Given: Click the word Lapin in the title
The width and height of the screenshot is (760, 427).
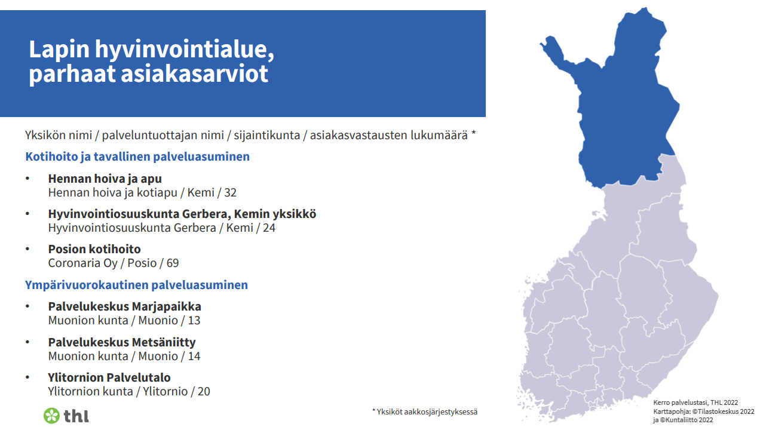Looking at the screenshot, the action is coord(59,50).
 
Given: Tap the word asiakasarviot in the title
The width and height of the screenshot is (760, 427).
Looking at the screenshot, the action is coord(194,73).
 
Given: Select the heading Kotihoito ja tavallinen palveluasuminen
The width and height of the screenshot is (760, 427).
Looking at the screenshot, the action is coord(137,156).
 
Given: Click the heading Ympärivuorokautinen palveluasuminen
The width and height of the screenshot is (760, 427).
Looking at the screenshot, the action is coord(136,285).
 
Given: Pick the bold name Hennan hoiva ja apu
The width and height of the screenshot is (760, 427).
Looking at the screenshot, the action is coord(105,179).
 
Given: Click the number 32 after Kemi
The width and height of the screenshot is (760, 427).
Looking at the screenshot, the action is coord(231,193).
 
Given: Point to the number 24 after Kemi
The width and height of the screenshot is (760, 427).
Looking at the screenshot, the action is coord(269,228).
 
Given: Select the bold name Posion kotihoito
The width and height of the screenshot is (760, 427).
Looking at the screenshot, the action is coord(94,249).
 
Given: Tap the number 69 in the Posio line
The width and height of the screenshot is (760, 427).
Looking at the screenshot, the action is coord(172,263).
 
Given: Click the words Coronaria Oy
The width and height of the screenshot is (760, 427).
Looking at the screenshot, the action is coord(82,263).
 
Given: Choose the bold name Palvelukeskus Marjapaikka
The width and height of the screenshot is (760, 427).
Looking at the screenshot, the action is coord(124,306).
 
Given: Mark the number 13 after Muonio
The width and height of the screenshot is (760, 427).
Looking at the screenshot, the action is coord(194,321).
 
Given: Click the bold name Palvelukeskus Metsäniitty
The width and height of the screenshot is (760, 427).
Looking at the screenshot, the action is coord(122,342).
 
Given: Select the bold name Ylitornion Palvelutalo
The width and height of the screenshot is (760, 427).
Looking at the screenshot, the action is coord(109,377).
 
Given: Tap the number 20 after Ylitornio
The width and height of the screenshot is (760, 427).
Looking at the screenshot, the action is coord(204,391).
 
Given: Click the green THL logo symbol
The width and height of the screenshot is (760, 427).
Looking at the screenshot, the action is coord(51,416).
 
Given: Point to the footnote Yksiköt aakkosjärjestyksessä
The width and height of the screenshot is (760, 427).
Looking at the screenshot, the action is coord(425,411).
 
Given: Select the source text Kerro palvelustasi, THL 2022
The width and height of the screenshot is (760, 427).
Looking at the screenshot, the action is coord(695,403).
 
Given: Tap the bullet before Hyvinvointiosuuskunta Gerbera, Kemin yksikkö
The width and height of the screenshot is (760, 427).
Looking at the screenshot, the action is coord(27,214).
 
